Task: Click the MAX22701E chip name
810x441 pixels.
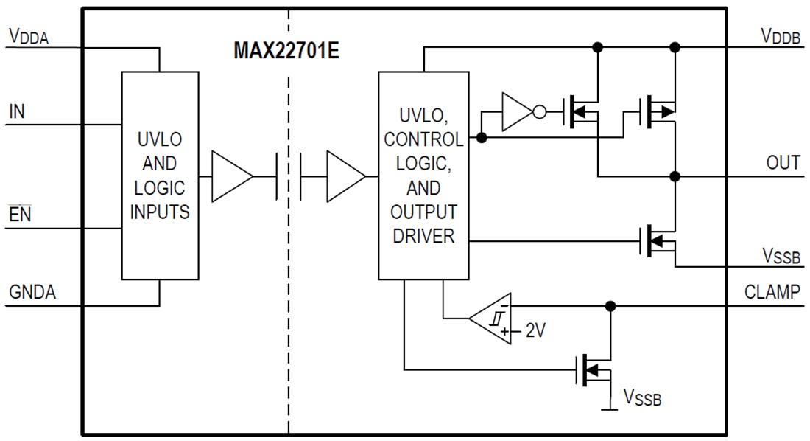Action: point(286,52)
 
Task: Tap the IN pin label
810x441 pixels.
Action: point(16,112)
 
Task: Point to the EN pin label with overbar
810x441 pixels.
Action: point(19,216)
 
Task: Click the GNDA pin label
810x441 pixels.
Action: point(32,293)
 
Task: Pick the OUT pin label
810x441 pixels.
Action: point(783,163)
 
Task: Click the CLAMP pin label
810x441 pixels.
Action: point(772,292)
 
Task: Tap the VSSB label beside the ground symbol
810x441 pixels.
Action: point(643,398)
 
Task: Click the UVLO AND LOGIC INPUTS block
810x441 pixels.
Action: point(160,176)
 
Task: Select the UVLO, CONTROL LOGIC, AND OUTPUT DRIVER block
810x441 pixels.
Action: point(423,176)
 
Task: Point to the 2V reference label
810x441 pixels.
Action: point(535,331)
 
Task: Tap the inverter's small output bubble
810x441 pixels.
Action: point(539,113)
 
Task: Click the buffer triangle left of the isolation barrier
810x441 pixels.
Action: point(229,177)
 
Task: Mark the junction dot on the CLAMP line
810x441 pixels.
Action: point(610,306)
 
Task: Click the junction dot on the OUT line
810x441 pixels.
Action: point(675,177)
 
